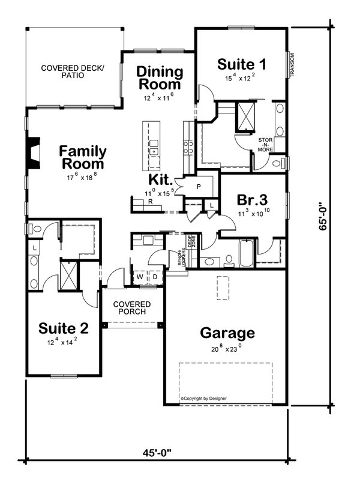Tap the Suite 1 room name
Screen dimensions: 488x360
pos(242,64)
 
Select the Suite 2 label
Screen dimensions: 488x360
pos(64,328)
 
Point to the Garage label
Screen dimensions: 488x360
pos(227,333)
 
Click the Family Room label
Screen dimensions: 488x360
pos(83,157)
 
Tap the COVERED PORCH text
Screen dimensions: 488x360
pos(133,308)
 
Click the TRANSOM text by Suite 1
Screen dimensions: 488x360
pos(293,65)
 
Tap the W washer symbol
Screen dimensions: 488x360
pos(140,277)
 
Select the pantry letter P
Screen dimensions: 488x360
pos(199,187)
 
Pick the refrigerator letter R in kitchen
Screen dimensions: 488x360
pos(150,203)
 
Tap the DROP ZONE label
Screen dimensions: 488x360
pos(192,242)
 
